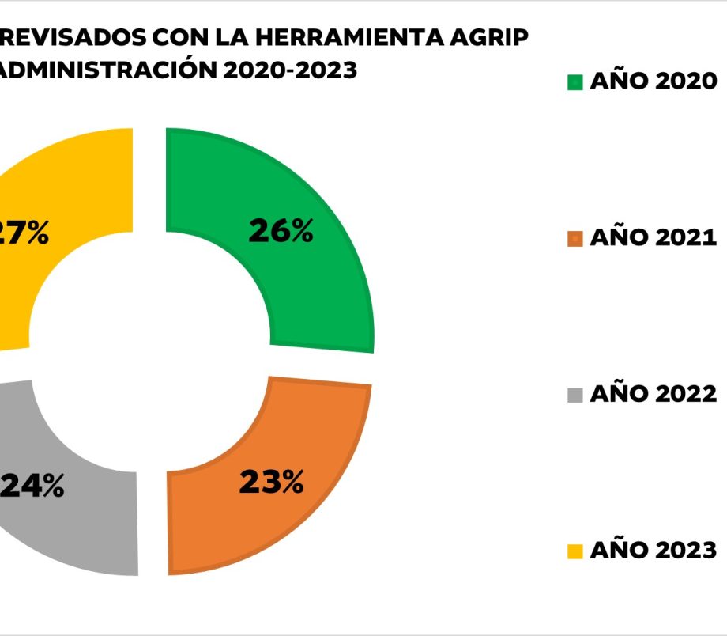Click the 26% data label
(x=281, y=231)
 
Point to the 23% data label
(x=271, y=483)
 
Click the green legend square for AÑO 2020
(x=575, y=82)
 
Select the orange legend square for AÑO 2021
(x=575, y=238)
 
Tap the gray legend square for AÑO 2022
(x=575, y=394)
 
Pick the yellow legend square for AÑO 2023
(x=575, y=551)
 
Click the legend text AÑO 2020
(x=653, y=81)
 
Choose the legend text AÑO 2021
(x=653, y=237)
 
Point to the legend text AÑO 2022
(x=653, y=393)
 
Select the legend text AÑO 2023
(x=653, y=550)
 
